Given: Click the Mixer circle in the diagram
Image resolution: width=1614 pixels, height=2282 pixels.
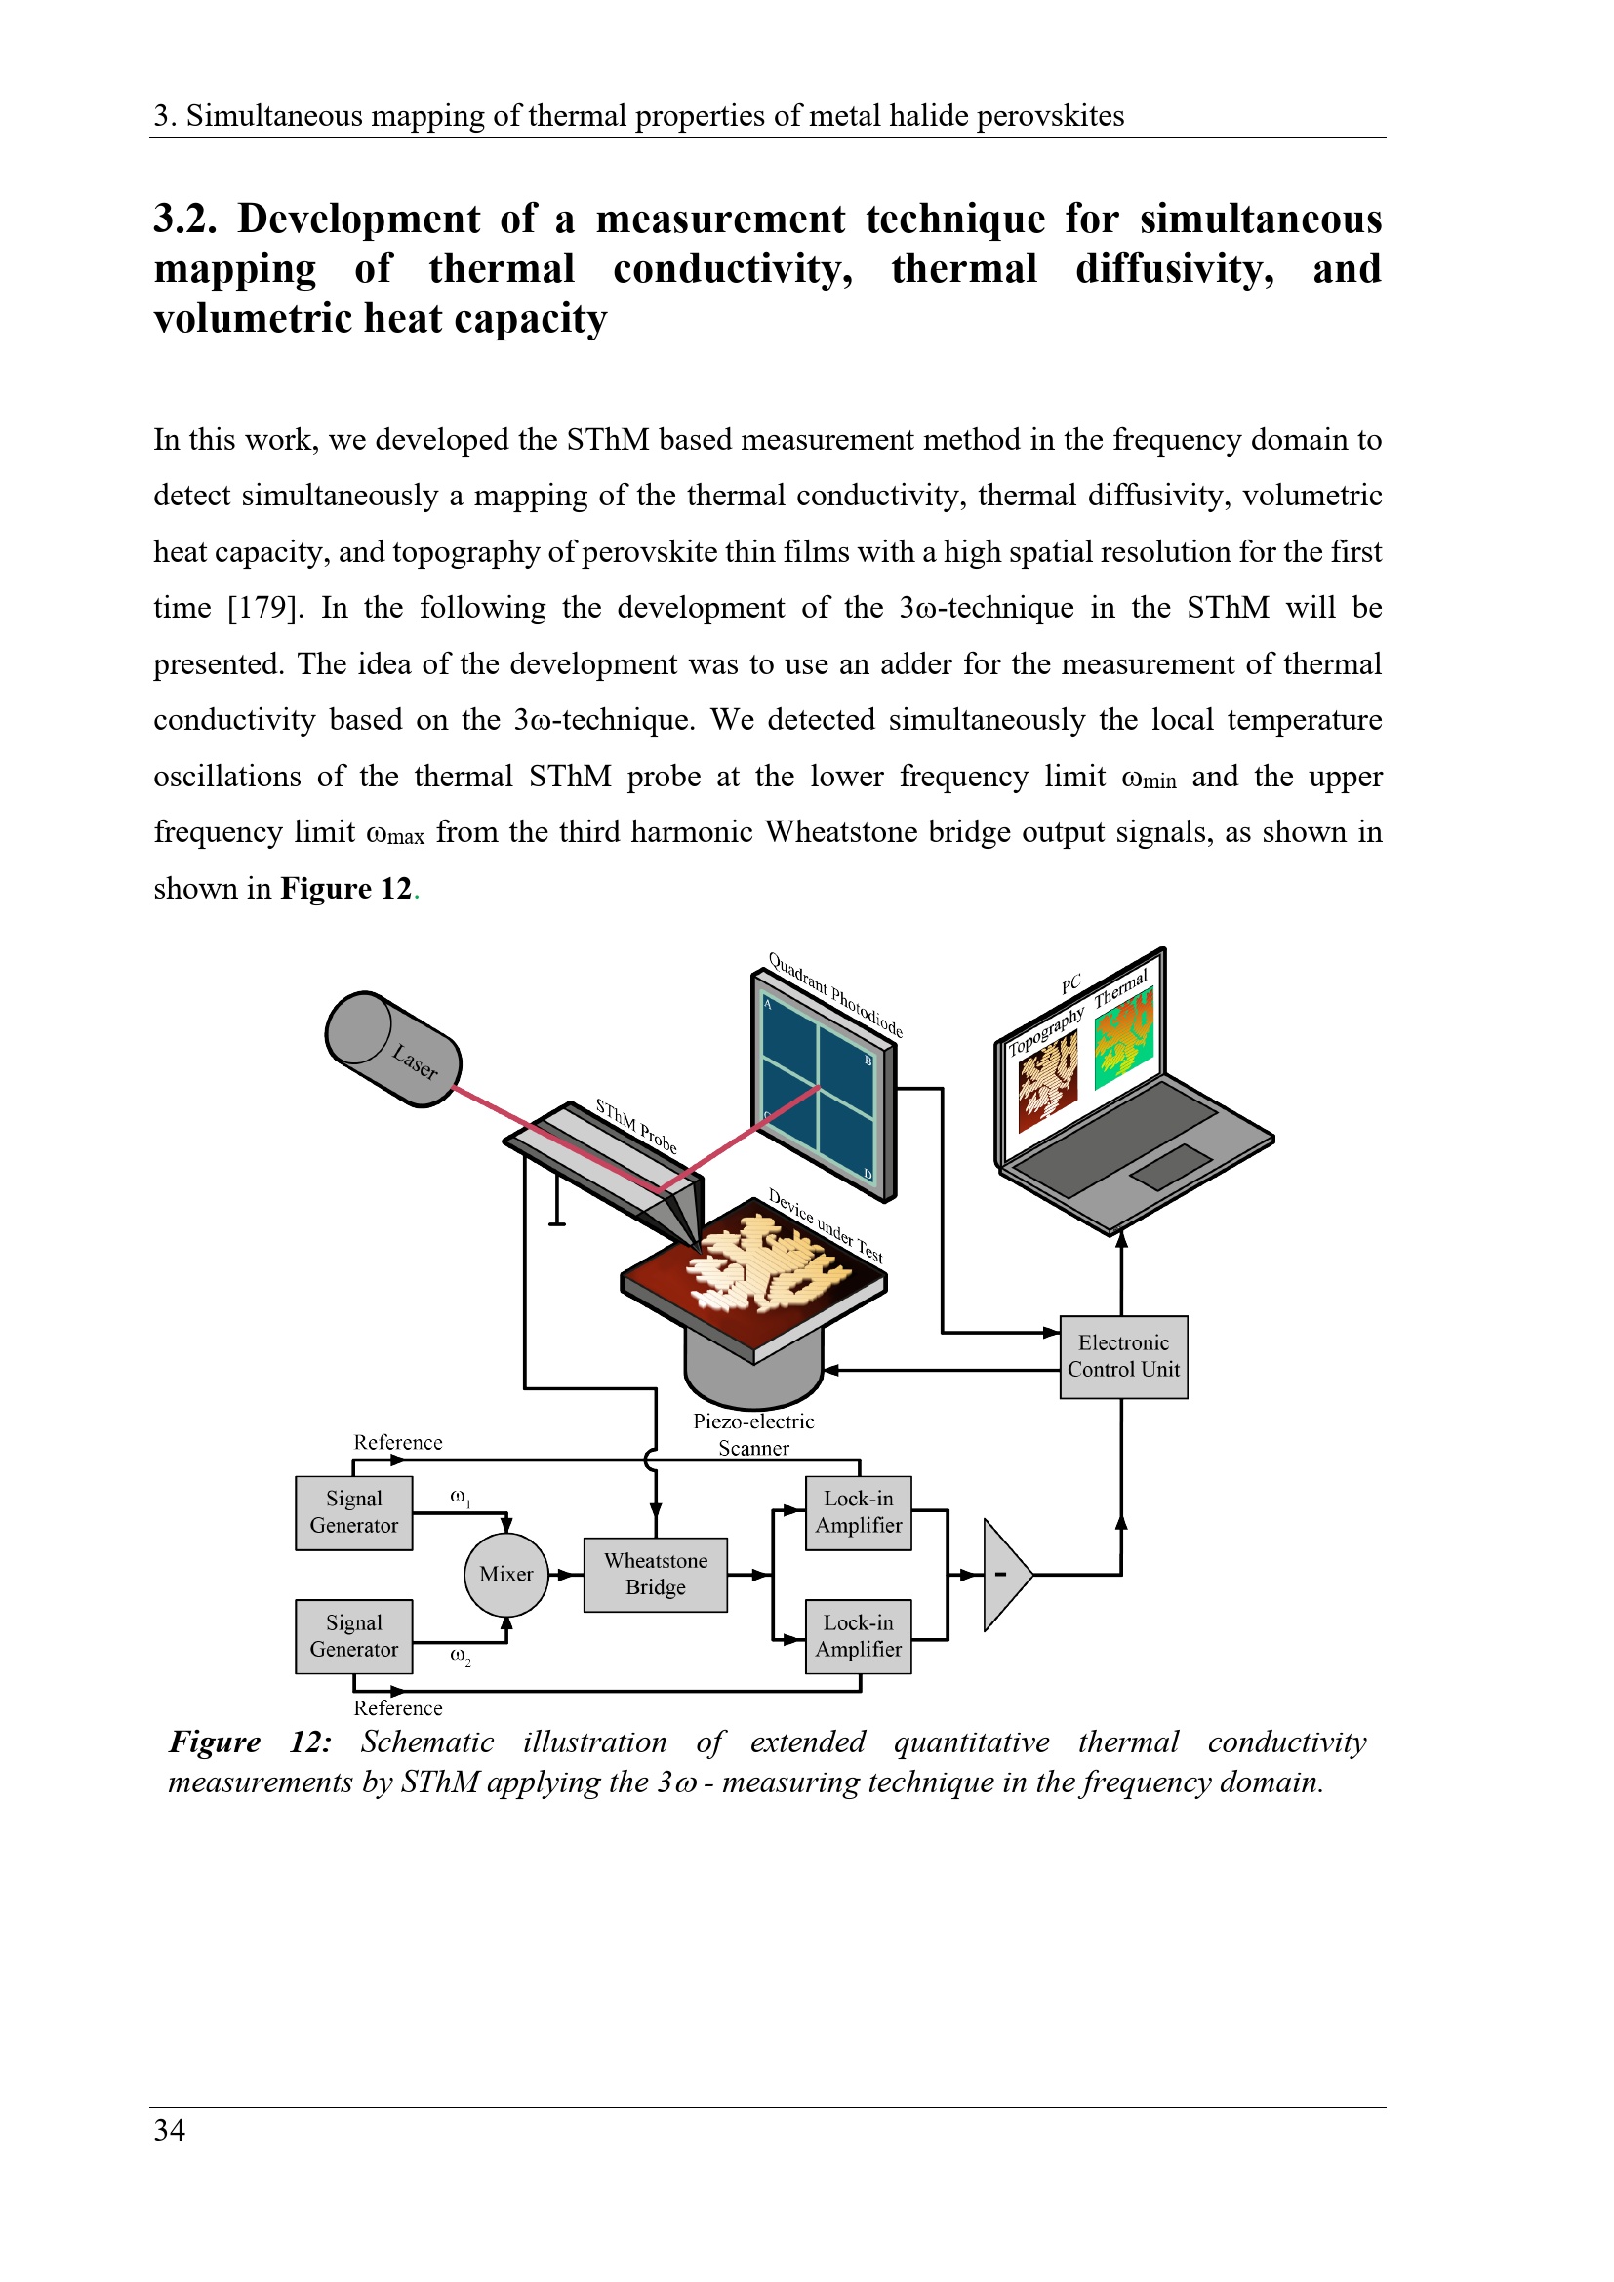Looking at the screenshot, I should pos(505,1575).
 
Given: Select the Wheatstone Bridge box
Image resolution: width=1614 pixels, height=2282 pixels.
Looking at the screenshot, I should pos(655,1575).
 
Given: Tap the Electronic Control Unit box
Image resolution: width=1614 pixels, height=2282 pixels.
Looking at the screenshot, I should pos(1123,1357).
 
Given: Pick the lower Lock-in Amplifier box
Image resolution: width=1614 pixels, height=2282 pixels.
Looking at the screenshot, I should pos(858,1636).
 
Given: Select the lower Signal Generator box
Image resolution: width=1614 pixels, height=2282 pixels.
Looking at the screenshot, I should pos(354,1636).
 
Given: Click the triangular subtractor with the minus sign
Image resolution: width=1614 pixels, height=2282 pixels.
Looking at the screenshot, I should pos(1004,1575).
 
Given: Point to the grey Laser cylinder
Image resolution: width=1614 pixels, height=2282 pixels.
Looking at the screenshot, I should pos(393,1049).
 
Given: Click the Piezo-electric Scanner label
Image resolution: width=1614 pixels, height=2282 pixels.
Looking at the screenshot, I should pos(753,1434).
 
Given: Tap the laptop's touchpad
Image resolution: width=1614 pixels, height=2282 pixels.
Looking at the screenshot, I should pos(1171,1167).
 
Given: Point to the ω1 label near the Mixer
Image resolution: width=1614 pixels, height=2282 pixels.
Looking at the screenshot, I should pos(461,1497).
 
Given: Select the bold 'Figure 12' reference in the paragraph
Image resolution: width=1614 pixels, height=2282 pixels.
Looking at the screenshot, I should pos(345,889).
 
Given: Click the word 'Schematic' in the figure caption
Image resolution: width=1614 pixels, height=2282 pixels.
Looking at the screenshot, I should pos(426,1742).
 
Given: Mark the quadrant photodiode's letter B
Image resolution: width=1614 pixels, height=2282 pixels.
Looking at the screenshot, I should pos(868,1061).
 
